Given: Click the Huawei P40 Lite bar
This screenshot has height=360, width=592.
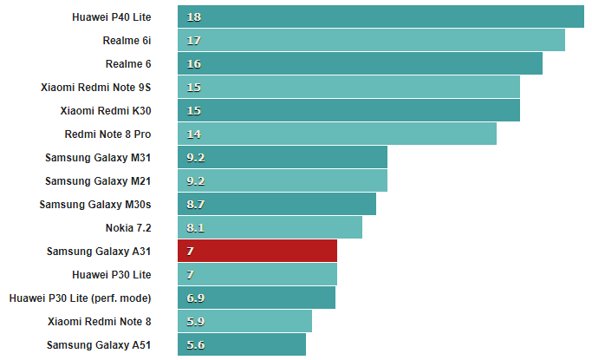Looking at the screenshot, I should tap(381, 16).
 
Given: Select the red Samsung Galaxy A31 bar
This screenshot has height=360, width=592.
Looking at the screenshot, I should tap(257, 251).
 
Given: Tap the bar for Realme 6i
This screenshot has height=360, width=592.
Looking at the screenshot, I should tap(371, 40).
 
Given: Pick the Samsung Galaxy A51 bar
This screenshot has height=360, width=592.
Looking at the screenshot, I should tap(242, 344).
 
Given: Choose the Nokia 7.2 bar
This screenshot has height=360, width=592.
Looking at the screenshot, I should tap(270, 227).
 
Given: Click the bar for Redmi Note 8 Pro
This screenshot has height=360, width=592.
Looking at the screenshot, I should tap(337, 134).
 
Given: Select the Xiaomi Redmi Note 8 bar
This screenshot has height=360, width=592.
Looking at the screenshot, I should tap(244, 321).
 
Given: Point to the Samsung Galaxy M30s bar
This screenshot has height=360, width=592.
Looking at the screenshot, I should tap(276, 204).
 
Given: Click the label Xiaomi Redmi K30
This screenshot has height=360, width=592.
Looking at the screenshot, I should tap(106, 110).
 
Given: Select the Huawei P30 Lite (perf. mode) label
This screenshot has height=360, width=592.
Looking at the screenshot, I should tap(80, 298).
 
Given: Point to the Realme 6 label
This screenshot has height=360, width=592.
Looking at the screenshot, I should tap(128, 63).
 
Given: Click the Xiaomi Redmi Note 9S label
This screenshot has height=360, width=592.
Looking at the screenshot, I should tap(95, 87).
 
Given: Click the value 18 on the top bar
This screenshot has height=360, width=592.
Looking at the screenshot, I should tap(193, 16).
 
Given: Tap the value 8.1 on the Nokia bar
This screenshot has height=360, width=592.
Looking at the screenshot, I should tap(195, 227).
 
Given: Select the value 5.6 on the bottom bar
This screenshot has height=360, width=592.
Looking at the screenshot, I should tap(195, 344).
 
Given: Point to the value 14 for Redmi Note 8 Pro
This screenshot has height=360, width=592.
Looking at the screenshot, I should tap(193, 134).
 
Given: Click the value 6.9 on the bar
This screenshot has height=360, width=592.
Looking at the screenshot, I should tap(195, 298).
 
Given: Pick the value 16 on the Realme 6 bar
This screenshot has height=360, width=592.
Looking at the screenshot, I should tap(193, 63).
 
